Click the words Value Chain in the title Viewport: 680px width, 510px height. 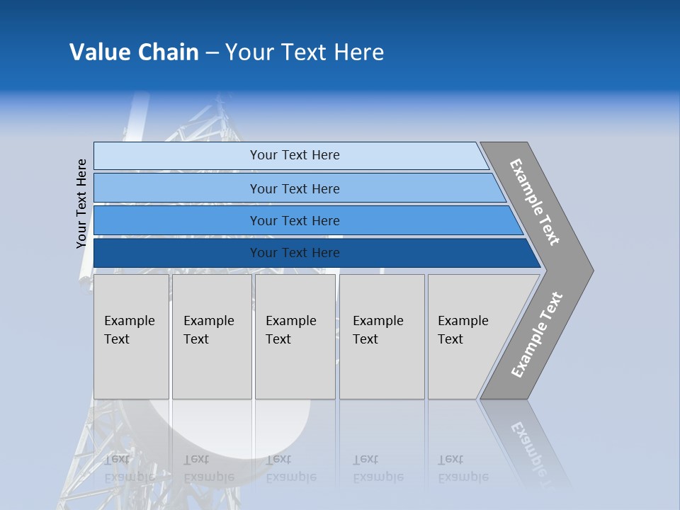134,52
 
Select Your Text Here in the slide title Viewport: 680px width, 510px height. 305,52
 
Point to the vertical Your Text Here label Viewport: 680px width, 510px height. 81,203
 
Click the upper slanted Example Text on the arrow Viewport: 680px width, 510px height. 535,202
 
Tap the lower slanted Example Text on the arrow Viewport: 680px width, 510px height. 537,335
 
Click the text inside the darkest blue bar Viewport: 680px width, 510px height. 295,253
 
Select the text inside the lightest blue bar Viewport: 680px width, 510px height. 295,155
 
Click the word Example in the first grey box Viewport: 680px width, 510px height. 129,321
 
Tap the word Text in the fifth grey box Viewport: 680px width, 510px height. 450,339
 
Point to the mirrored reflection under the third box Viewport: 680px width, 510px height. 290,467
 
